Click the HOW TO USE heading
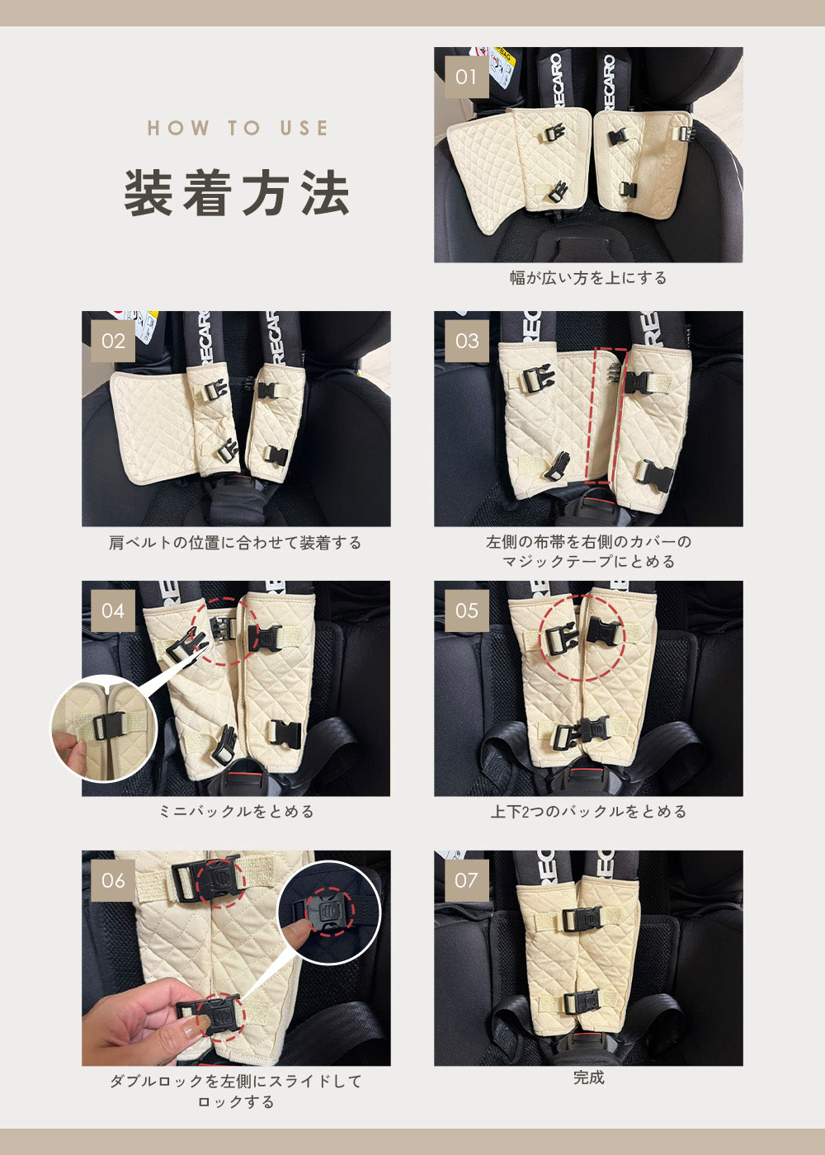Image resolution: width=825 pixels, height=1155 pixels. pos(238,128)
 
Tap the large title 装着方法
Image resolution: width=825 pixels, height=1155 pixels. pos(237,192)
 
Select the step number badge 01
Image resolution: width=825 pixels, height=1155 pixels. pos(467,77)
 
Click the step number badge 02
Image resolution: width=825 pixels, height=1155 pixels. pos(113,341)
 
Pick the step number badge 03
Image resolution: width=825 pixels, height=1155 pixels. pos(467,341)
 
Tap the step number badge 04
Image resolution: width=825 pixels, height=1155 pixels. pos(113,611)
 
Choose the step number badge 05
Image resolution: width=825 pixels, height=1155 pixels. pos(467,611)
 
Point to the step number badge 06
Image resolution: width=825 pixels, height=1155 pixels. pos(113,880)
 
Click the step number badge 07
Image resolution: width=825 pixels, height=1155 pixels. pos(467,880)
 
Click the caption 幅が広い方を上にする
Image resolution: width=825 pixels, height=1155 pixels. pos(588,278)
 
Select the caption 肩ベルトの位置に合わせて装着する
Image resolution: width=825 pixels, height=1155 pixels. pos(235,543)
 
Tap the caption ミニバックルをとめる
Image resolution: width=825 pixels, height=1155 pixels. pos(236,812)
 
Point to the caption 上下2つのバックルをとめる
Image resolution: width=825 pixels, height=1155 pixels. pos(588,812)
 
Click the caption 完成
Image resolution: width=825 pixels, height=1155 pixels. pos(588,1077)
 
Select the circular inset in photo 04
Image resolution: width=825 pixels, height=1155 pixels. pos(104,728)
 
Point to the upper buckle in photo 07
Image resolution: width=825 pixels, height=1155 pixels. pos(581,918)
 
